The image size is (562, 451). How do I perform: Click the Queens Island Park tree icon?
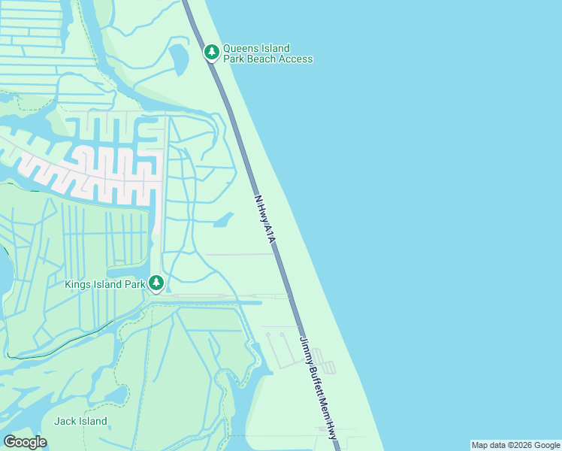pos(212,52)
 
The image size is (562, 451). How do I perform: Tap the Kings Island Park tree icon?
pos(156,283)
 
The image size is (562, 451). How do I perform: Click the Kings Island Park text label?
pos(104,284)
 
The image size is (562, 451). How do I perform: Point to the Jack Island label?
pos(80,421)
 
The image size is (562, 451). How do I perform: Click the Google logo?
pos(25,441)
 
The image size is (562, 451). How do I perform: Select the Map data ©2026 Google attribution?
pos(515,445)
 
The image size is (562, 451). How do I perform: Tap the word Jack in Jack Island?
pos(65,421)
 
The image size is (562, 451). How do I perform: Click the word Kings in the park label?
pos(78,284)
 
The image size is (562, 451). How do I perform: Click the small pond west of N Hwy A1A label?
pos(223,220)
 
